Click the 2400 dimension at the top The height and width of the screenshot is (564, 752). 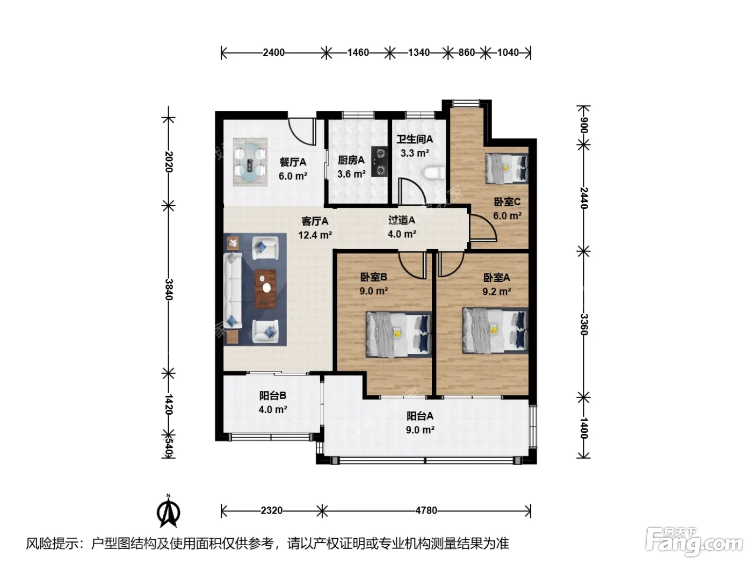[x=273, y=53]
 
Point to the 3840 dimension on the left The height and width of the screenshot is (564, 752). [x=169, y=290]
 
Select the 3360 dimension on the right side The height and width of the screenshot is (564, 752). [x=584, y=324]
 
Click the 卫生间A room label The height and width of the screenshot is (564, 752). [x=415, y=139]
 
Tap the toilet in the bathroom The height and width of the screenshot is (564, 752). [x=435, y=173]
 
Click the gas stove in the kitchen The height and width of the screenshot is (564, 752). [x=380, y=162]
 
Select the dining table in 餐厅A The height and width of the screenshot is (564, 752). [x=250, y=162]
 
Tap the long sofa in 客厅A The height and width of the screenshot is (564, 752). [x=233, y=291]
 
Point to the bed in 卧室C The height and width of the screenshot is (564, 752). [x=507, y=169]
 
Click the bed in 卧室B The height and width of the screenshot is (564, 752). [x=399, y=334]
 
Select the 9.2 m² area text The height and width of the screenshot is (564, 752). [x=497, y=292]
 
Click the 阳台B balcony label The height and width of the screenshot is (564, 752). [x=273, y=395]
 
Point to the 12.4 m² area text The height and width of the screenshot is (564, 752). [x=315, y=235]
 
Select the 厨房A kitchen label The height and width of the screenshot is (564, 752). [x=351, y=160]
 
